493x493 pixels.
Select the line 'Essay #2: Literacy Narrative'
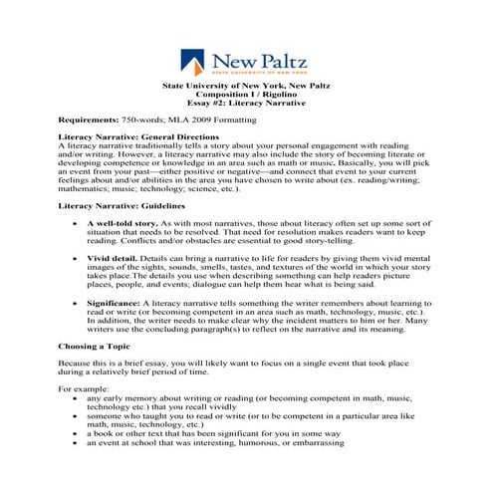(x=246, y=103)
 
